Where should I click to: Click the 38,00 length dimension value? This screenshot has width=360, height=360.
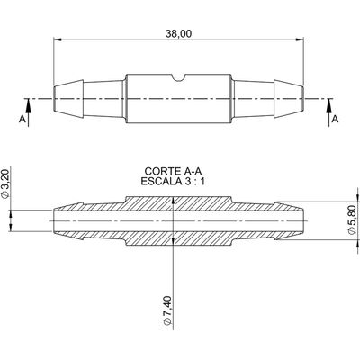pyautogui.click(x=178, y=33)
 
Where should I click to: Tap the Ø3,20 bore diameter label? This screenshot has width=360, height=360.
pyautogui.click(x=6, y=183)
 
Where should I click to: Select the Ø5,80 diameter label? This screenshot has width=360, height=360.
pyautogui.click(x=352, y=220)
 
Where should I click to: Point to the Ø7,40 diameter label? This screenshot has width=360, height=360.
pyautogui.click(x=167, y=310)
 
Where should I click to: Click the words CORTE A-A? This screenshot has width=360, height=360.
pyautogui.click(x=173, y=171)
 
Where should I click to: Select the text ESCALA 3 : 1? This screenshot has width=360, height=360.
pyautogui.click(x=173, y=182)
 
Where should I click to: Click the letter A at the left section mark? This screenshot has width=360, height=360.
pyautogui.click(x=22, y=120)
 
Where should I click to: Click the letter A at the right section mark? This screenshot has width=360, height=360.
pyautogui.click(x=336, y=120)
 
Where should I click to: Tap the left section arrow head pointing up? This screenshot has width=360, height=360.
pyautogui.click(x=28, y=105)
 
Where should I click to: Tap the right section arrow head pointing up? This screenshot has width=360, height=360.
pyautogui.click(x=329, y=105)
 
